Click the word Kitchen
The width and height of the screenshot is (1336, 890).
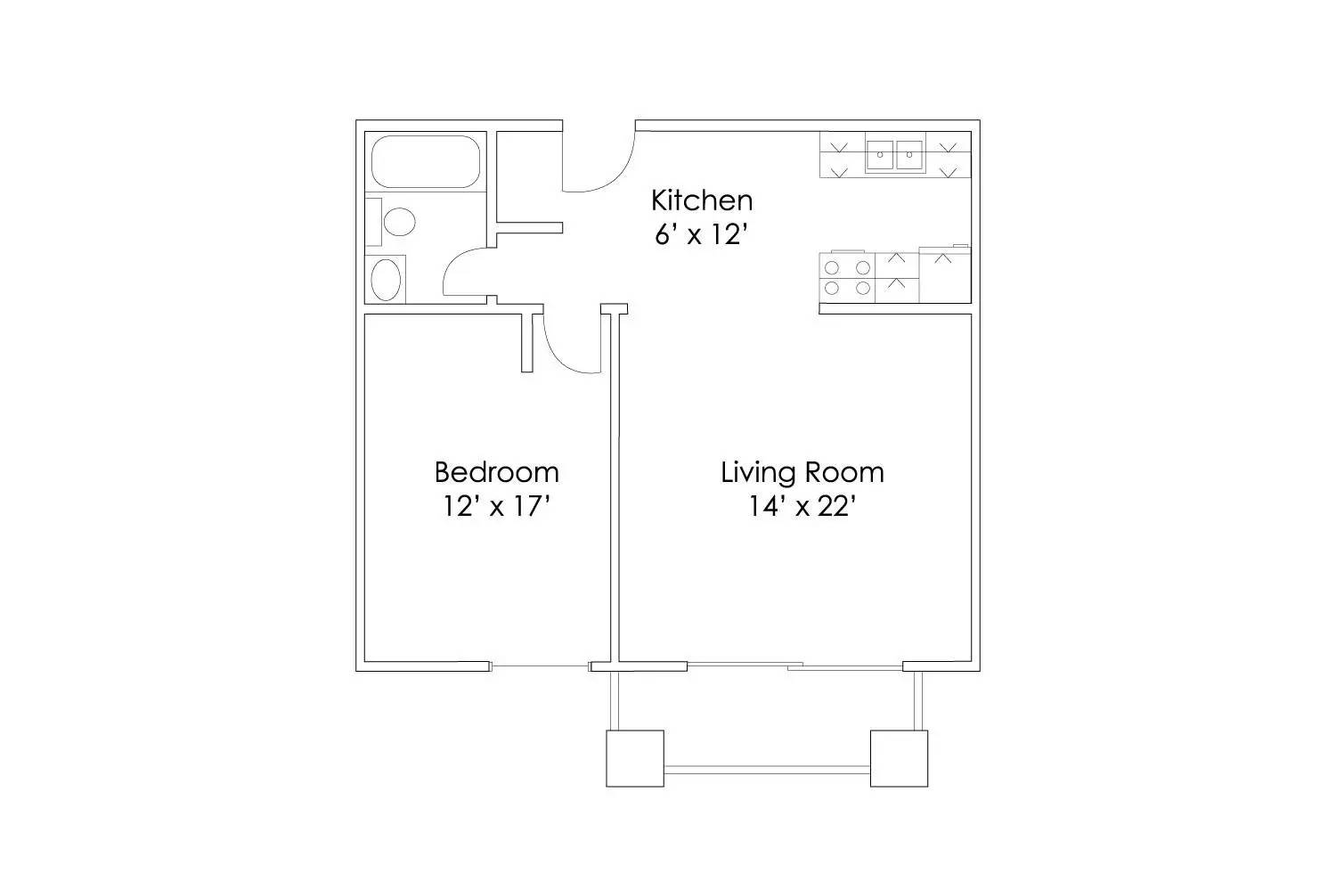coord(701,200)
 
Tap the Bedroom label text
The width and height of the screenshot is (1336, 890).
coord(496,471)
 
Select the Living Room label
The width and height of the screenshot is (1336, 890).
coord(802,471)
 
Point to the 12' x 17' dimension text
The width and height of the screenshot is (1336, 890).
coord(496,507)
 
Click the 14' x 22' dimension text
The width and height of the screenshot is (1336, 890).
coord(802,507)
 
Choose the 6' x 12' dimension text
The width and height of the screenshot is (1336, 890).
coord(701,235)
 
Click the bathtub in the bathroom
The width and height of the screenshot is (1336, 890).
coord(425,161)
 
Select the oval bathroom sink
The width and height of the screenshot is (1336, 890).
coord(386,280)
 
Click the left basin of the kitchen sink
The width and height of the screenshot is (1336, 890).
coord(880,154)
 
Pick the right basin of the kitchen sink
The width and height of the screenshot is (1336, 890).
coord(909,154)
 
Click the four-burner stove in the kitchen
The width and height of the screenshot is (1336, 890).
coord(847,277)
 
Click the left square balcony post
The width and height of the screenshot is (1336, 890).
coord(635,758)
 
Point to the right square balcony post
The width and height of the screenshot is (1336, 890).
coord(899,758)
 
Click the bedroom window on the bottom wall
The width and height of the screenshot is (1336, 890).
coord(540,665)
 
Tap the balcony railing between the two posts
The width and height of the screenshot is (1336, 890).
coord(767,770)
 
